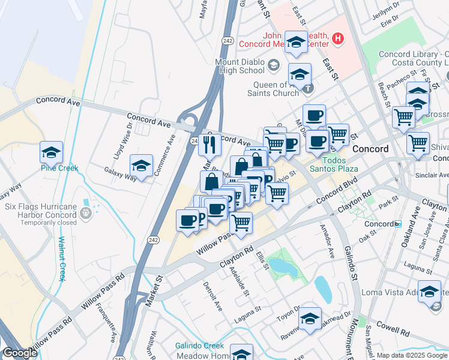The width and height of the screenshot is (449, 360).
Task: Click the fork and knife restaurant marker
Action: [209, 144]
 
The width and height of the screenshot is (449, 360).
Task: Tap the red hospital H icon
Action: [339, 39]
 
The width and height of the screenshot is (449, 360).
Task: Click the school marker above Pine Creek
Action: [52, 153]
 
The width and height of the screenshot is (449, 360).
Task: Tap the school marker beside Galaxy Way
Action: [141, 166]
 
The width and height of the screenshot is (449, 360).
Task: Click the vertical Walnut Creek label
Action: [62, 258]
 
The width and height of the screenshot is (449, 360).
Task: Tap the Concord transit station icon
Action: [397, 224]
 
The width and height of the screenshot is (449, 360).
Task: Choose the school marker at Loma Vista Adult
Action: [429, 292]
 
